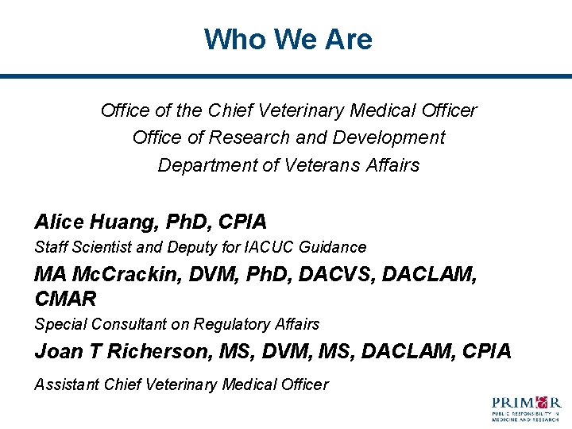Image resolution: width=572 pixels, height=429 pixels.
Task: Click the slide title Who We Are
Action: pos(288,39)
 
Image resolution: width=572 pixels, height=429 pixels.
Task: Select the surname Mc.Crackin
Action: pos(126,274)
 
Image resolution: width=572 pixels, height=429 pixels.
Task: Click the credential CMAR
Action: pos(65,299)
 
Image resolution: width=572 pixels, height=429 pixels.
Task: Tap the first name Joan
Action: pos(57,351)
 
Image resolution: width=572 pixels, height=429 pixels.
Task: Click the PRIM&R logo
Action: pos(526,407)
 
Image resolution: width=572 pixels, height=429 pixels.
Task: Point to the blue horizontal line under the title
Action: pos(286,76)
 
